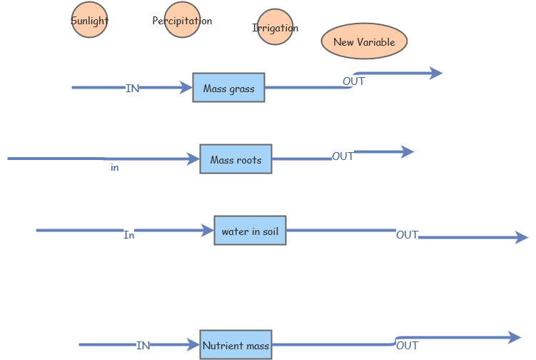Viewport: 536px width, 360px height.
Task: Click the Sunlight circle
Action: click(x=89, y=20)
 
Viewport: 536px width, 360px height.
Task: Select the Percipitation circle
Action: click(x=182, y=20)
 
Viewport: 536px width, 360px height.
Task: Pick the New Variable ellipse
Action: click(x=364, y=41)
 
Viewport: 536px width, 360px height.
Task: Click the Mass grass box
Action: click(x=228, y=88)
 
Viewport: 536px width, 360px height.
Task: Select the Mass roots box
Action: click(x=236, y=159)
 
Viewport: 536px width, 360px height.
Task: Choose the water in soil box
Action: click(x=250, y=231)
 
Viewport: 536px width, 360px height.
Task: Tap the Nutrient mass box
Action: click(x=236, y=345)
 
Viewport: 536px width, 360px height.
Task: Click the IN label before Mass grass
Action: click(x=132, y=89)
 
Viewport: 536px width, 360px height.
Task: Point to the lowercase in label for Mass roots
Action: click(x=114, y=168)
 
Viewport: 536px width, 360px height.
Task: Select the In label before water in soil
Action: click(x=128, y=235)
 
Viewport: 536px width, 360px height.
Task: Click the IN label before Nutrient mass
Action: click(x=143, y=346)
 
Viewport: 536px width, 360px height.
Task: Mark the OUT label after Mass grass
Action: click(x=353, y=81)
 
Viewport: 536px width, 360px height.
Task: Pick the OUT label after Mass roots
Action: click(x=343, y=156)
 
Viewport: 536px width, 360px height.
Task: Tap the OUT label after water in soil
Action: click(x=407, y=235)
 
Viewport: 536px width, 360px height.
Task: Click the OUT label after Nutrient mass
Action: click(x=407, y=346)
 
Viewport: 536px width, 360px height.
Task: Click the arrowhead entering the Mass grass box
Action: click(x=187, y=88)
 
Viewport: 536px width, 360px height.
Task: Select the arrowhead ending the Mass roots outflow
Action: click(x=408, y=151)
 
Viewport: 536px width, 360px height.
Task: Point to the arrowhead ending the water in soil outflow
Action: click(x=522, y=237)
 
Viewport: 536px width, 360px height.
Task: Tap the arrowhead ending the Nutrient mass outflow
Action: click(x=515, y=337)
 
